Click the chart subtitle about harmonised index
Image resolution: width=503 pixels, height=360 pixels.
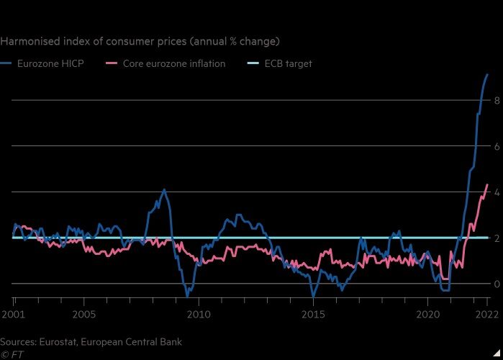(140, 41)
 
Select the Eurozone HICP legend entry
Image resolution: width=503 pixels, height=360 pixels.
(50, 64)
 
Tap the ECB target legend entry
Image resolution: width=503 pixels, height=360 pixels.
(286, 64)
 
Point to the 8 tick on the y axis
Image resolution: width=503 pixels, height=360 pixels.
(496, 101)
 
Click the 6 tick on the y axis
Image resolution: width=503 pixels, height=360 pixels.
(496, 146)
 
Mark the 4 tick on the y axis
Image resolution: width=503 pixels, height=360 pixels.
(496, 192)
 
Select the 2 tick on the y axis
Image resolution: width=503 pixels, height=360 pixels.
(496, 238)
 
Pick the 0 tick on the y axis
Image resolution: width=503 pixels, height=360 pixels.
(496, 283)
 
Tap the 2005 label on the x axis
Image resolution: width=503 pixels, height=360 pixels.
(84, 314)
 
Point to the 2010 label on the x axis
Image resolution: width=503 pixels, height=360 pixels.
(199, 314)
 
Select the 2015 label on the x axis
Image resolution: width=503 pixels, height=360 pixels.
(313, 314)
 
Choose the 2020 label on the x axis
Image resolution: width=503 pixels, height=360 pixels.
(427, 314)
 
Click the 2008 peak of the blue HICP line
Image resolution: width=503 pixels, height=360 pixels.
(164, 189)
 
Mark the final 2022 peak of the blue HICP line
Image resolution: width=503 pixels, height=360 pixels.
(487, 75)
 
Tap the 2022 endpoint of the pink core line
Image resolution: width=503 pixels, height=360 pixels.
(487, 185)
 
